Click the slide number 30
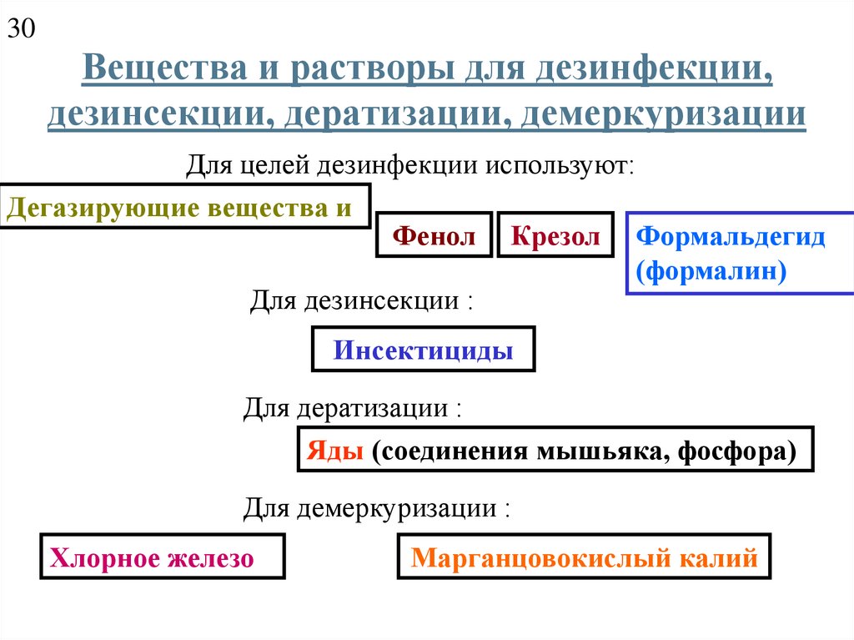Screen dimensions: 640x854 tap(22, 30)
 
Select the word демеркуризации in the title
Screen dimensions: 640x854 tap(663, 113)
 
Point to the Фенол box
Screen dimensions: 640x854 tap(434, 236)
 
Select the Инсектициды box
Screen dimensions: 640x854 tap(423, 350)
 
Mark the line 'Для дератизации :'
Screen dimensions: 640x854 tap(352, 409)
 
